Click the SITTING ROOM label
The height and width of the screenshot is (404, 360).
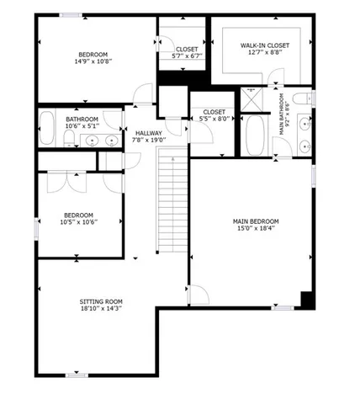101,301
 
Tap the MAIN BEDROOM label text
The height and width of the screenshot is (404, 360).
256,221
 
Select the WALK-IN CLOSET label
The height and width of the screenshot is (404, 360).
265,45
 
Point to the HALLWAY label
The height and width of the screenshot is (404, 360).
148,133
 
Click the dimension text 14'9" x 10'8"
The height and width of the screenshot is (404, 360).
93,61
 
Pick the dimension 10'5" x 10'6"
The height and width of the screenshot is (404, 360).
78,222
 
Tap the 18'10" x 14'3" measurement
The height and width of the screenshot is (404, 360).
101,309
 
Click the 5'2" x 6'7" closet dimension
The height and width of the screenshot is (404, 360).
187,56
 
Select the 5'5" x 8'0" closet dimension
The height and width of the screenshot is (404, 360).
214,119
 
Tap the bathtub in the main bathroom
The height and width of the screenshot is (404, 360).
255,135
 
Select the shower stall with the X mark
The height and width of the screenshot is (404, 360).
251,98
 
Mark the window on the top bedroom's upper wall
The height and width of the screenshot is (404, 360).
71,15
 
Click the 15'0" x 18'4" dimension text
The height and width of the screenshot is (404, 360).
256,229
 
